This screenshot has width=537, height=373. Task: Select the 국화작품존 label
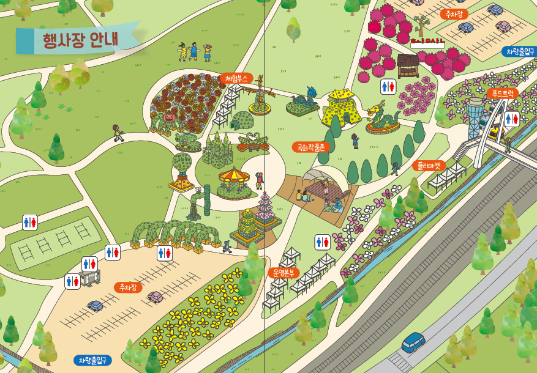click(310, 147)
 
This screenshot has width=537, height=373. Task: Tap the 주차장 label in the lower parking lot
click(128, 287)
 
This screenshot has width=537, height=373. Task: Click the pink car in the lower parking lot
click(155, 297)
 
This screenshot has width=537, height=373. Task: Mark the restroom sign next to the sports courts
click(30, 222)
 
